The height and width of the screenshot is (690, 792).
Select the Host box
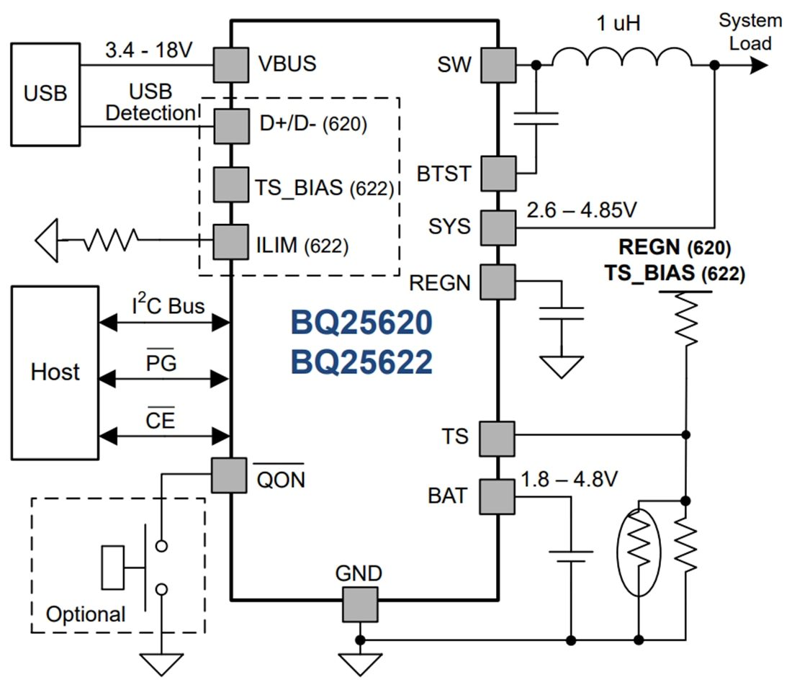click(55, 372)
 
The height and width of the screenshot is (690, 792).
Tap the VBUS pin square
click(231, 65)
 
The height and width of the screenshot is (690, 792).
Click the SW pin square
click(498, 65)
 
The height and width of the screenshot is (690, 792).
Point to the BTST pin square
click(498, 174)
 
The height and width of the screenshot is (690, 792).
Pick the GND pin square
click(359, 604)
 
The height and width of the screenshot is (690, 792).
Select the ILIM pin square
click(231, 243)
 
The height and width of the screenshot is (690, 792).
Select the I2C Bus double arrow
click(164, 324)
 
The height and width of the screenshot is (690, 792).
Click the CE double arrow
click(164, 436)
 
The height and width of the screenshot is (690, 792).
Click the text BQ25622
click(361, 362)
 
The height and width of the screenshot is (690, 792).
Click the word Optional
click(86, 614)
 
